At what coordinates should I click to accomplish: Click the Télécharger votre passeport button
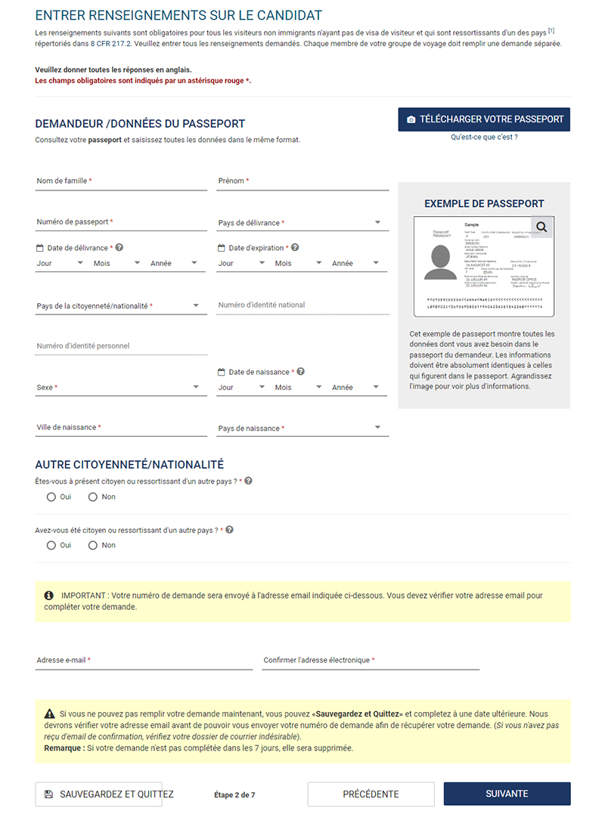(484, 119)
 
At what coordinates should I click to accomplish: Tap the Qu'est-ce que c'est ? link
(484, 138)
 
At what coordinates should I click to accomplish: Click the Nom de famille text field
(121, 181)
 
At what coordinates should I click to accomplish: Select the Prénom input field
(302, 181)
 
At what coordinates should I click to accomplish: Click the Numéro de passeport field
(121, 222)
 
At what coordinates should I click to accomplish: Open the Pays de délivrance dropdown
(302, 223)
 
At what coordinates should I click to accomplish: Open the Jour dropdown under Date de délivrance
(60, 264)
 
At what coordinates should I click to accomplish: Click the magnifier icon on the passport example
(541, 227)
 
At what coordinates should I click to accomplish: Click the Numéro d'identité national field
(302, 305)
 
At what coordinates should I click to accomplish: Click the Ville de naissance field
(121, 428)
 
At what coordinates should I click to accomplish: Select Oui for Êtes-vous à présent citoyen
(51, 497)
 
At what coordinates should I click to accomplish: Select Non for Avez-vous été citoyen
(93, 546)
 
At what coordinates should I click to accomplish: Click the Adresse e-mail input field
(144, 661)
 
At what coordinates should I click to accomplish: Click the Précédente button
(371, 794)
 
